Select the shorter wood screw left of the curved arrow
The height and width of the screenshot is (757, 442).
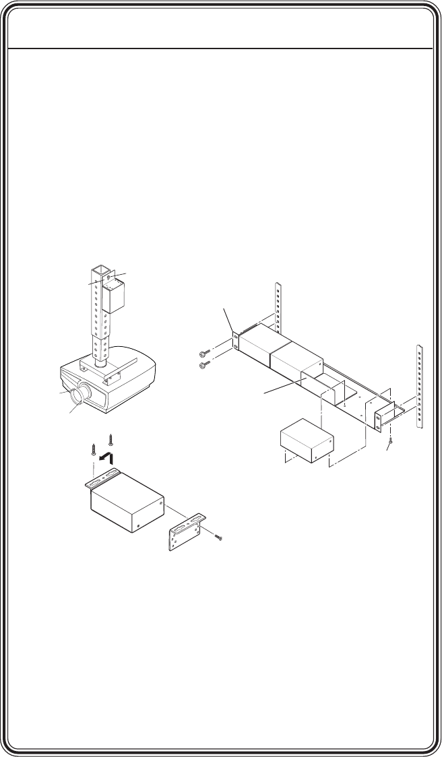(x=93, y=450)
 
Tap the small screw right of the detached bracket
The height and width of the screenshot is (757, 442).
(x=217, y=537)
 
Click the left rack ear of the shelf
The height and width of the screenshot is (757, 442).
(x=235, y=340)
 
